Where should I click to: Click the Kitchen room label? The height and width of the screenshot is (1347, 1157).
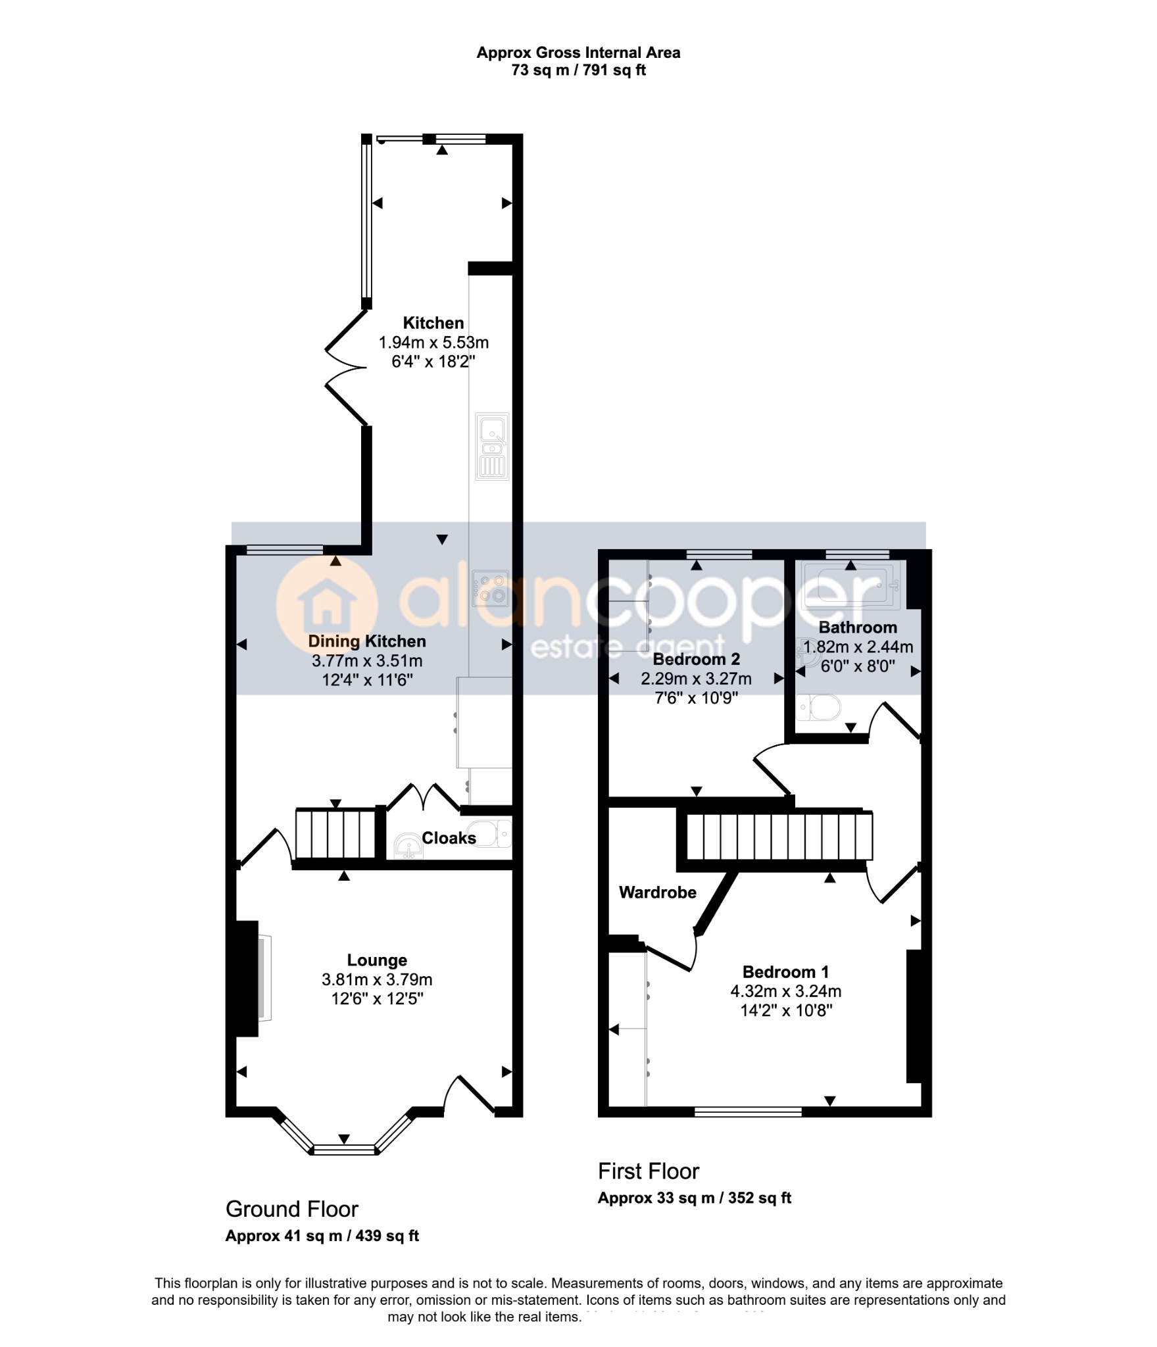pyautogui.click(x=433, y=323)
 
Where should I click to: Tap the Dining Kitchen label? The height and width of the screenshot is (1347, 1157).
pyautogui.click(x=367, y=641)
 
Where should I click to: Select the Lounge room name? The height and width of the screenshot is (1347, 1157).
pyautogui.click(x=377, y=960)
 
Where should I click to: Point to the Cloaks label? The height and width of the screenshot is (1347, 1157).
pyautogui.click(x=449, y=838)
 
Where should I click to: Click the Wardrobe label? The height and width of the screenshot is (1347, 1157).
pyautogui.click(x=658, y=893)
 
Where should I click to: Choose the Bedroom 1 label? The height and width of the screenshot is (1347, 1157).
pyautogui.click(x=785, y=972)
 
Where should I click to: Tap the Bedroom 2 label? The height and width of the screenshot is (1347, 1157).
pyautogui.click(x=696, y=659)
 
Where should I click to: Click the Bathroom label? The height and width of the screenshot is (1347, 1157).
pyautogui.click(x=858, y=627)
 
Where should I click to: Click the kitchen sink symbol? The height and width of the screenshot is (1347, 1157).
pyautogui.click(x=492, y=447)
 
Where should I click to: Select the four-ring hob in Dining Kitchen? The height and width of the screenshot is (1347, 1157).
pyautogui.click(x=491, y=588)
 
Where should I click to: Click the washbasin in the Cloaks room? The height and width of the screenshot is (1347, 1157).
pyautogui.click(x=408, y=846)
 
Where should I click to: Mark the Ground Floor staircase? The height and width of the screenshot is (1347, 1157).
pyautogui.click(x=335, y=834)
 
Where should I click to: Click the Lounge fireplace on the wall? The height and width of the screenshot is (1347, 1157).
pyautogui.click(x=253, y=978)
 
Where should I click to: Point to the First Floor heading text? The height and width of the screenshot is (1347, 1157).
pyautogui.click(x=649, y=1171)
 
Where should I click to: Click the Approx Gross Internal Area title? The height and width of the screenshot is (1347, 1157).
pyautogui.click(x=578, y=53)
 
